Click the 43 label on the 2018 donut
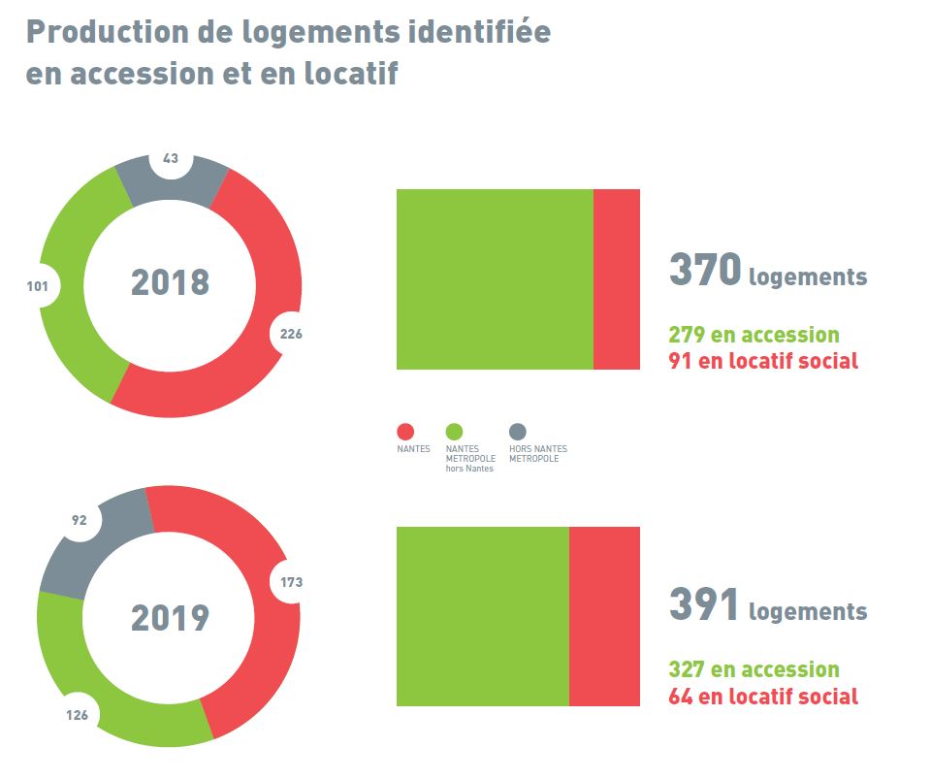pyautogui.click(x=171, y=158)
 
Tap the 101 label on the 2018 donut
pyautogui.click(x=44, y=286)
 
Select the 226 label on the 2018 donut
pyautogui.click(x=291, y=334)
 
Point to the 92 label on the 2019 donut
pyautogui.click(x=80, y=521)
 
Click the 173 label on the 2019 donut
pyautogui.click(x=291, y=582)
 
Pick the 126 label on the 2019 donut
pyautogui.click(x=78, y=716)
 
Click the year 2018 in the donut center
pyautogui.click(x=170, y=283)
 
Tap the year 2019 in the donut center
pyautogui.click(x=170, y=618)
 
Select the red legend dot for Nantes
pyautogui.click(x=405, y=432)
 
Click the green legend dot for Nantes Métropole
pyautogui.click(x=454, y=432)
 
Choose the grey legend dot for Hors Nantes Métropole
pyautogui.click(x=518, y=432)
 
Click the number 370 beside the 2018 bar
pyautogui.click(x=705, y=271)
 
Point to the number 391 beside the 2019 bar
pyautogui.click(x=704, y=605)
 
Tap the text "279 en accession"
pyautogui.click(x=754, y=336)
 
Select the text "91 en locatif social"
pyautogui.click(x=763, y=362)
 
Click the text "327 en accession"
pyautogui.click(x=754, y=670)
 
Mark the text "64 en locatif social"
pyautogui.click(x=763, y=697)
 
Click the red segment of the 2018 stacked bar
pyautogui.click(x=617, y=279)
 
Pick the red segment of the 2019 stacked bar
pyautogui.click(x=604, y=616)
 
